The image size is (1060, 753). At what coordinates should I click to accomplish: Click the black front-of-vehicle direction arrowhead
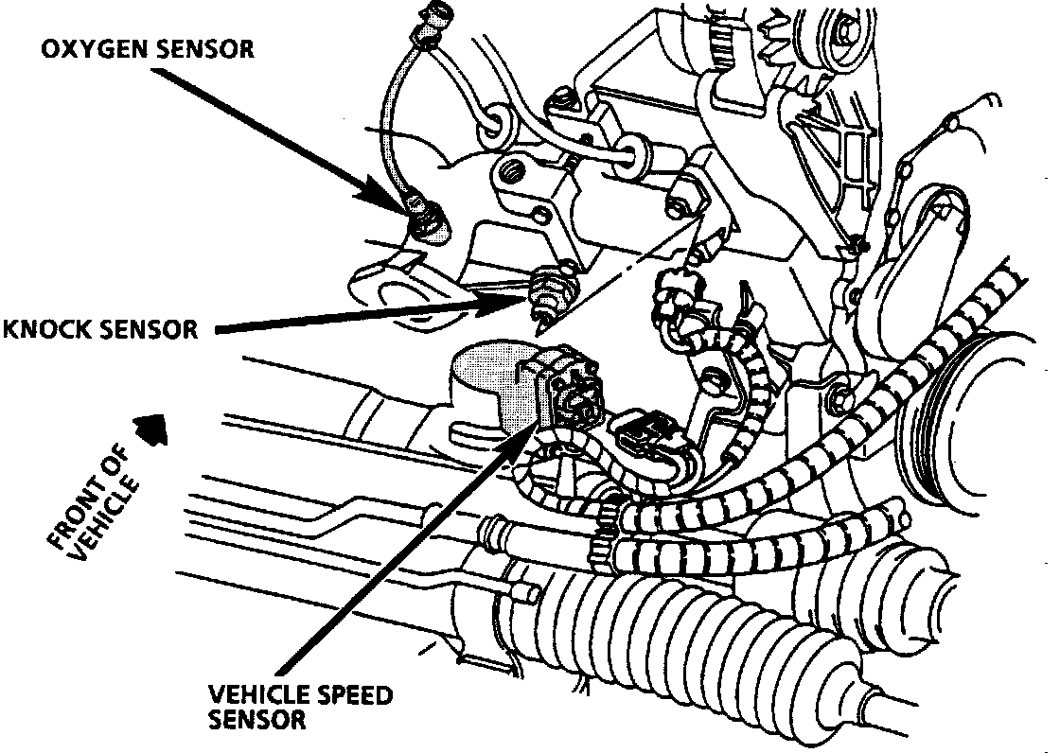tap(150, 429)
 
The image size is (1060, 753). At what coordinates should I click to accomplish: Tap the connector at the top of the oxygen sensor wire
tap(441, 17)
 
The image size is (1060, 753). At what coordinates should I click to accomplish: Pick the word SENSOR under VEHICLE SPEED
tap(256, 720)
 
